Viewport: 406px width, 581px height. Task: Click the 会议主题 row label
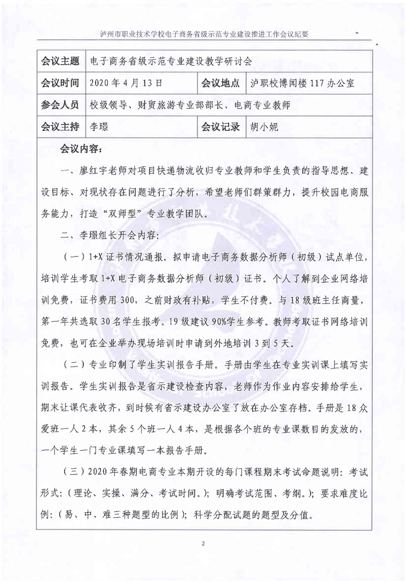[60, 62]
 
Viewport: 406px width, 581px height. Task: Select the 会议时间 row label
[60, 83]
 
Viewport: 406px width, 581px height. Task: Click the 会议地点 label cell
[221, 83]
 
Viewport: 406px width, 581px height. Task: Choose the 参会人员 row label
[60, 105]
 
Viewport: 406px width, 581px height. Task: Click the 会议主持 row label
[60, 127]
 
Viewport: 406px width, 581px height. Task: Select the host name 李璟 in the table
[99, 127]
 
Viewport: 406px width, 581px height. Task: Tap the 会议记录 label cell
[221, 127]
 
